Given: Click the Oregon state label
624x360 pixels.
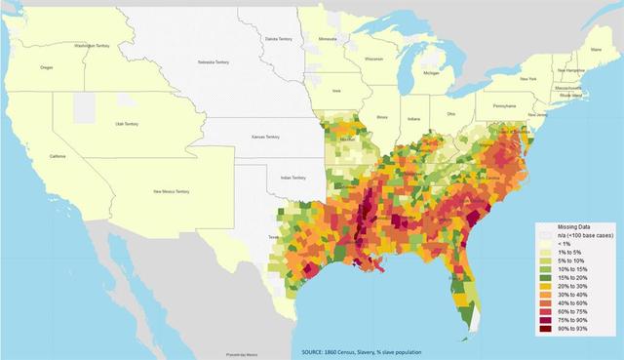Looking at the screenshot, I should [x=47, y=67].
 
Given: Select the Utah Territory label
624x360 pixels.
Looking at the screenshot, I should [x=127, y=125].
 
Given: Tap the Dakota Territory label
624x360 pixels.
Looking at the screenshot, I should [x=280, y=38].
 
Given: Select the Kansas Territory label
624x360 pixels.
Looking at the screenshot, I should [x=265, y=138].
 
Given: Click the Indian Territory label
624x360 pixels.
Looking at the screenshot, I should [x=293, y=178].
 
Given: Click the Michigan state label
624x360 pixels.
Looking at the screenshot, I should [x=431, y=72].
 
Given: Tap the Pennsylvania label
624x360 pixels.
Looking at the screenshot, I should [x=505, y=104].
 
